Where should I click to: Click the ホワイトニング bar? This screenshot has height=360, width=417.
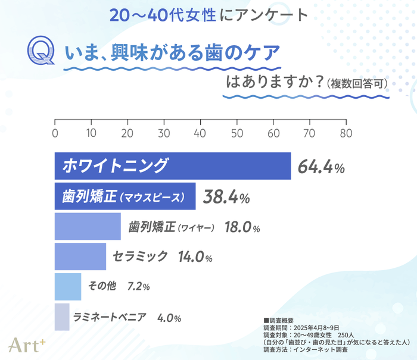173,166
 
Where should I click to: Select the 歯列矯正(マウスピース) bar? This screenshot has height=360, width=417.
125,196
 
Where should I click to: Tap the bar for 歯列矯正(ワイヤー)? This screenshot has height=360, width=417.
88,227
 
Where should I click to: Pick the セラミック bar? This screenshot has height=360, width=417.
80,256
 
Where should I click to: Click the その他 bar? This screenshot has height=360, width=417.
68,286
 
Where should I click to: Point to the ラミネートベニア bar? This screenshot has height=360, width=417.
62,317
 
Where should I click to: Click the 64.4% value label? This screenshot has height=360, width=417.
321,167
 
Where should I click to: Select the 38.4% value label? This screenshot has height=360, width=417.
226,197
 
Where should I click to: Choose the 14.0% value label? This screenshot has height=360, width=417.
195,257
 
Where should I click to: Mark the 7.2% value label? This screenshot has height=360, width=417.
138,287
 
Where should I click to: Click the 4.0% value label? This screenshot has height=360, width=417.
169,318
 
